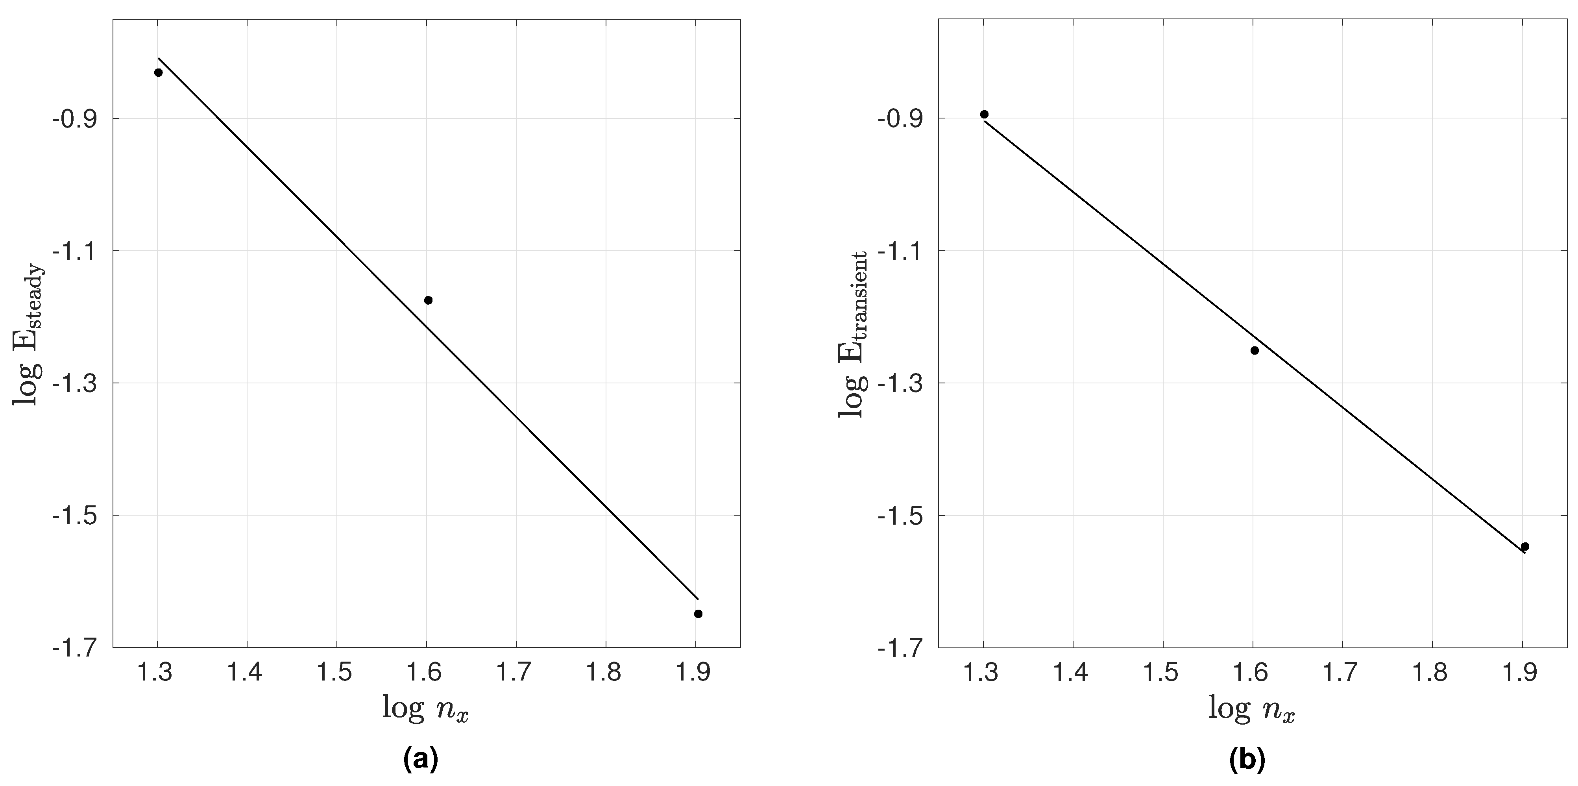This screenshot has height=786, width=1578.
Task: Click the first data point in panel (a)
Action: pos(158,72)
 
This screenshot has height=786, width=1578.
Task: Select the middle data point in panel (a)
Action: pos(428,300)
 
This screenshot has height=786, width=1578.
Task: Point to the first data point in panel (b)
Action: pos(985,115)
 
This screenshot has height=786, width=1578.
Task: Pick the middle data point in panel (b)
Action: pos(1255,350)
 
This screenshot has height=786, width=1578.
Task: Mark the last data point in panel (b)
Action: pos(1525,546)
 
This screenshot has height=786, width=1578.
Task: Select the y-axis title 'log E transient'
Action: pos(853,334)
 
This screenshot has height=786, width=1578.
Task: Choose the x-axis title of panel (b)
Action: pos(1251,709)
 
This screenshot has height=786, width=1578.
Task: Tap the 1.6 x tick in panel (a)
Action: pos(426,673)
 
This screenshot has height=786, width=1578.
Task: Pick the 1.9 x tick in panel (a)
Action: pos(695,673)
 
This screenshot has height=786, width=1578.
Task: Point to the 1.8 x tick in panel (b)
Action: pos(1432,673)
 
